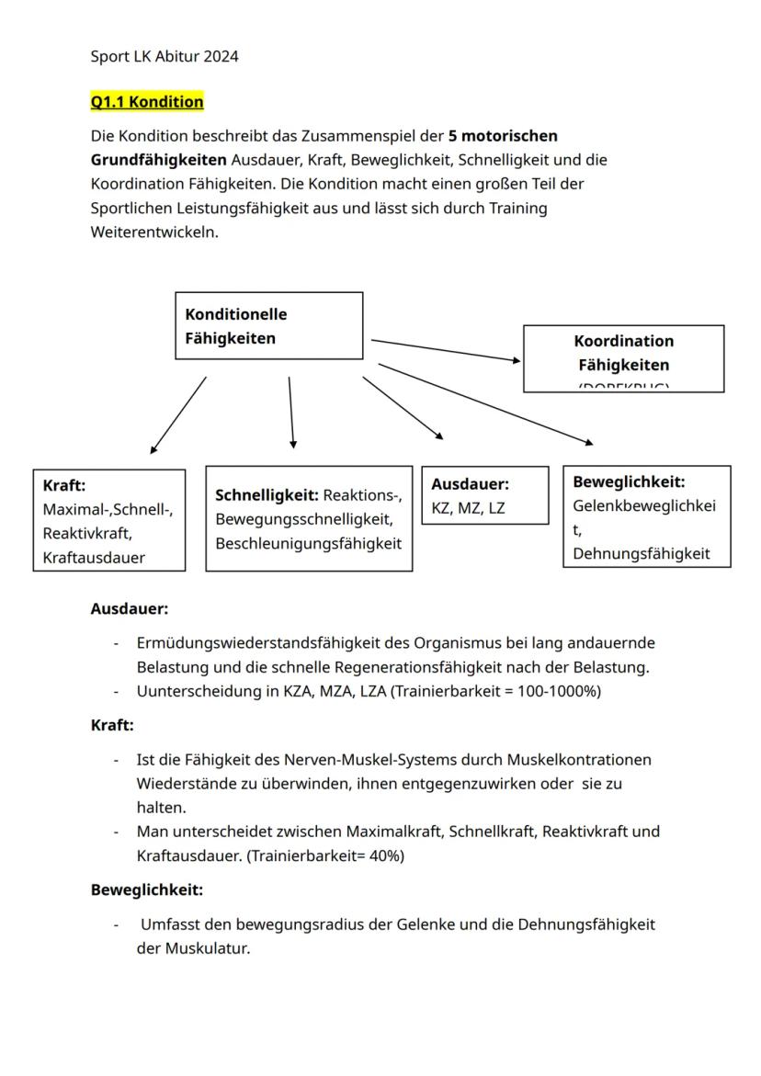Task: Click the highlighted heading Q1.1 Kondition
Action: (147, 101)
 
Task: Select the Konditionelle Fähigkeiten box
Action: (268, 325)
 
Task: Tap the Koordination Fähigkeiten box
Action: (623, 357)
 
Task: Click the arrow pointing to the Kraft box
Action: (178, 414)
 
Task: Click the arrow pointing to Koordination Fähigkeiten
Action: (446, 350)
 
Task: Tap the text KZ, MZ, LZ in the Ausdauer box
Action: (469, 508)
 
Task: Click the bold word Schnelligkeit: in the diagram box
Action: (267, 495)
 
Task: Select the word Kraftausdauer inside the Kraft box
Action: (94, 558)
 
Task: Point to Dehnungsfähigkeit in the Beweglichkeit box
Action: (642, 553)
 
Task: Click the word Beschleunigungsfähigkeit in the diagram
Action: (308, 544)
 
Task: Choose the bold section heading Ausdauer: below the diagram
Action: (130, 608)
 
